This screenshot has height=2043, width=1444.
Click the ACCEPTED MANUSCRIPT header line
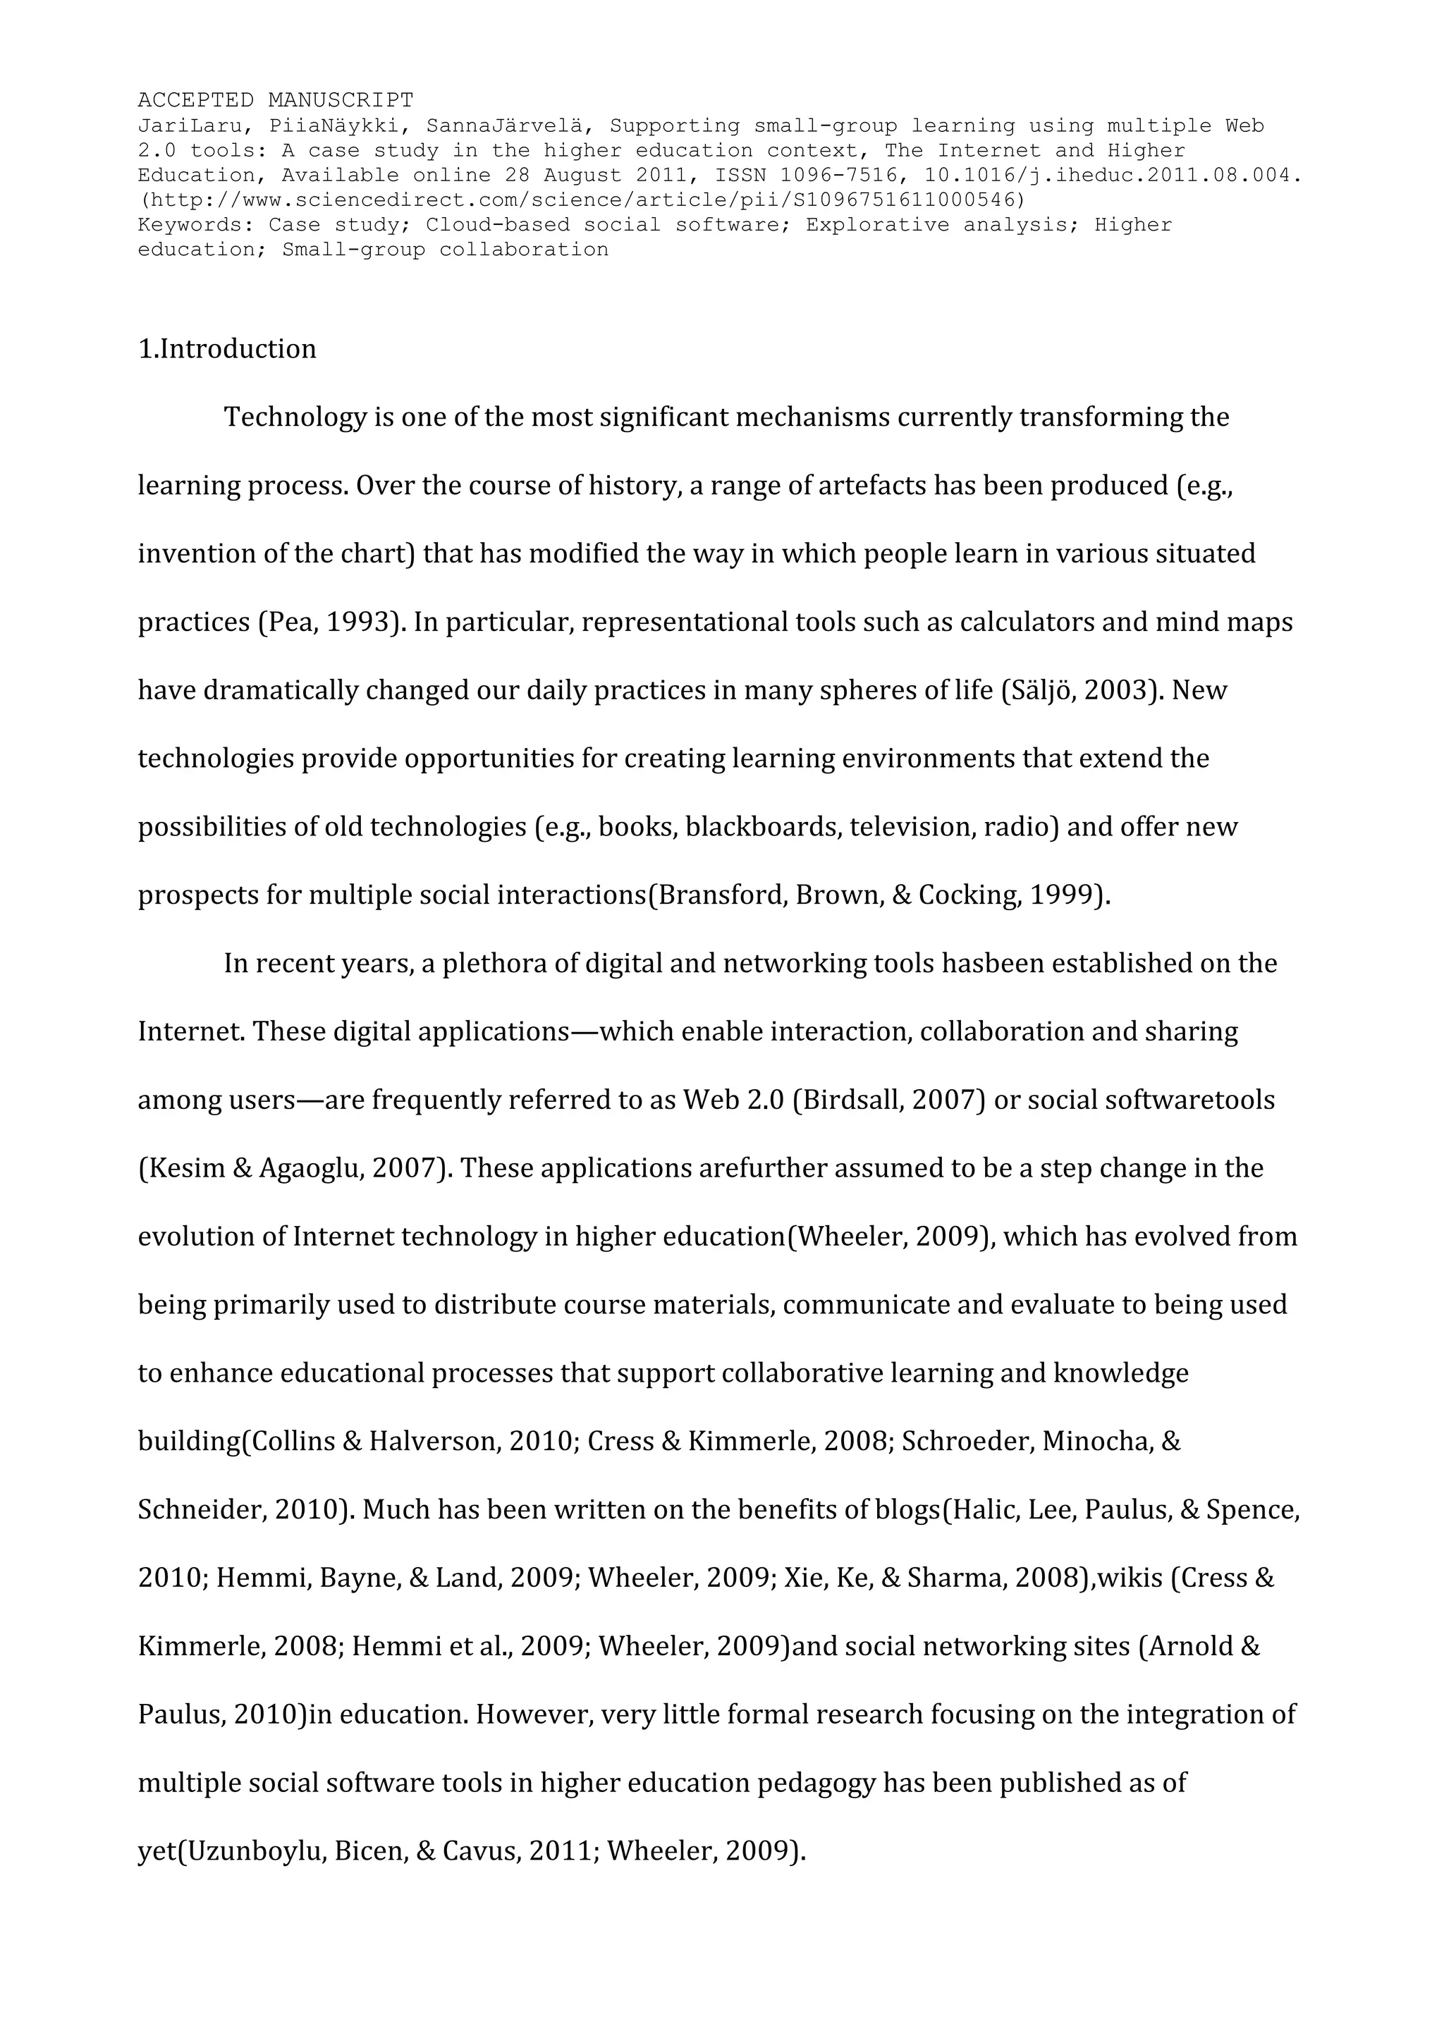[275, 99]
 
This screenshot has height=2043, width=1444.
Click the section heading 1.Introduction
[227, 349]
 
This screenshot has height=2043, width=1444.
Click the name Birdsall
[849, 1100]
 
